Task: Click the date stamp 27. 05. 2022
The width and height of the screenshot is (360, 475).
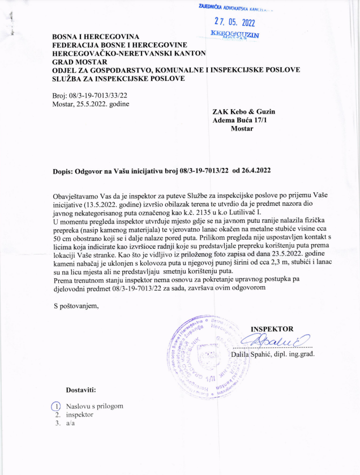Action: (x=234, y=23)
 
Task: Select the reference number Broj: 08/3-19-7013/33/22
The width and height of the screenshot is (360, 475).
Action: (x=89, y=95)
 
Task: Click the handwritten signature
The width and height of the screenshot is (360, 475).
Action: (x=274, y=341)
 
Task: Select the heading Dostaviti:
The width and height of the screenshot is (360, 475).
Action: (x=81, y=390)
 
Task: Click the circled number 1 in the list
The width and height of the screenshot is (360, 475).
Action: (x=55, y=406)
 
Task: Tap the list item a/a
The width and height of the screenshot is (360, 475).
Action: (x=71, y=424)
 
